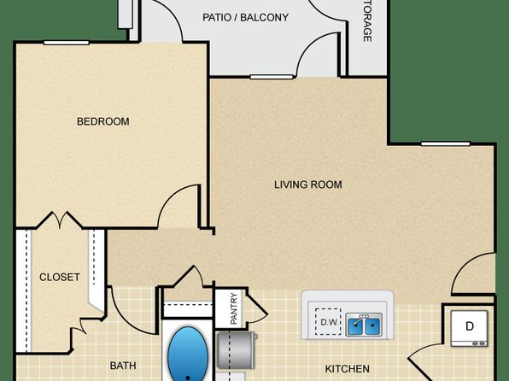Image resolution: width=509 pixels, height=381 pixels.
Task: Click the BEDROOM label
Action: (102, 121)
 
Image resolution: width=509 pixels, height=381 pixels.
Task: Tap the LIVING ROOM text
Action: (308, 185)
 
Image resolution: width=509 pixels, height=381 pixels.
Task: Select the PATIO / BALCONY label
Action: (245, 17)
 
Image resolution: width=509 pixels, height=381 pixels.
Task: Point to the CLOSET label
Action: (60, 277)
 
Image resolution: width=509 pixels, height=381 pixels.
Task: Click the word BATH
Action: (123, 366)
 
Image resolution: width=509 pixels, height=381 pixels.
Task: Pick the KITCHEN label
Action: (348, 369)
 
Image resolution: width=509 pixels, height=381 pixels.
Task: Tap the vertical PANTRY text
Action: (234, 308)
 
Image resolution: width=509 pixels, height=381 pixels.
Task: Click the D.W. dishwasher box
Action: (328, 321)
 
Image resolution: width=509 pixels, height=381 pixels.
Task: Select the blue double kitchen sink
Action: (364, 324)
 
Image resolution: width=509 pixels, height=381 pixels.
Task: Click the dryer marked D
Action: (469, 328)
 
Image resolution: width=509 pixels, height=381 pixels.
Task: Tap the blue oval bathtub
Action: (188, 354)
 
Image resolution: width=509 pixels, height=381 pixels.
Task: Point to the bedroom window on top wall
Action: (67, 43)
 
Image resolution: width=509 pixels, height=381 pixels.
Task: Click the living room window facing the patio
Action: (272, 77)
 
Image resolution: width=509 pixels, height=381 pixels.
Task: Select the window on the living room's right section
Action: (446, 144)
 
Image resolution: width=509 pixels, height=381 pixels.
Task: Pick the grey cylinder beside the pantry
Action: (237, 350)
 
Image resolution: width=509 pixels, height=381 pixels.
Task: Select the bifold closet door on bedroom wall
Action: (60, 220)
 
